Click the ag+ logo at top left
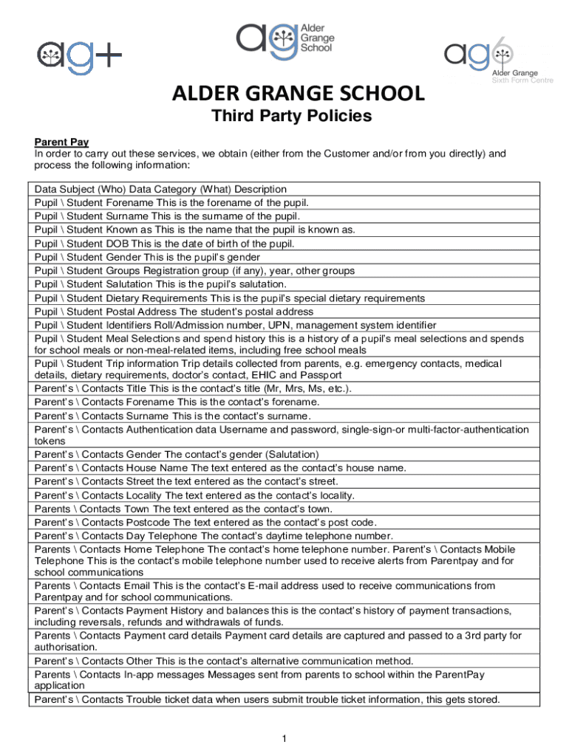(x=80, y=54)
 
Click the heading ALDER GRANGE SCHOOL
(x=299, y=94)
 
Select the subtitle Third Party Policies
(x=292, y=117)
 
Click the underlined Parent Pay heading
(x=62, y=142)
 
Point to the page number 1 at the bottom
(x=284, y=738)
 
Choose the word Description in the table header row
(x=260, y=189)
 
